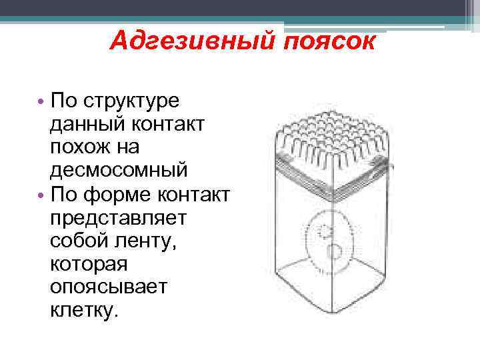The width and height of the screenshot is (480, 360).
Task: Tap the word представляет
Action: pyautogui.click(x=117, y=217)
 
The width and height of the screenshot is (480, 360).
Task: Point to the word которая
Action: pyautogui.click(x=88, y=262)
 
